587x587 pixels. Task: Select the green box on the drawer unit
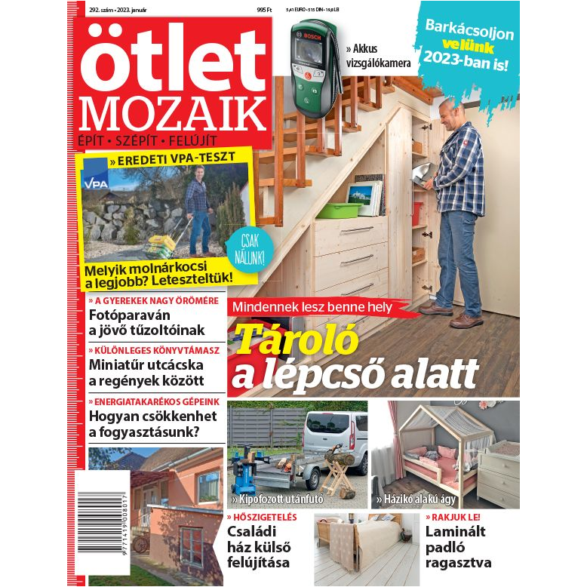[340, 210]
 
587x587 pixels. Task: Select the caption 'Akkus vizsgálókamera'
[378, 57]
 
